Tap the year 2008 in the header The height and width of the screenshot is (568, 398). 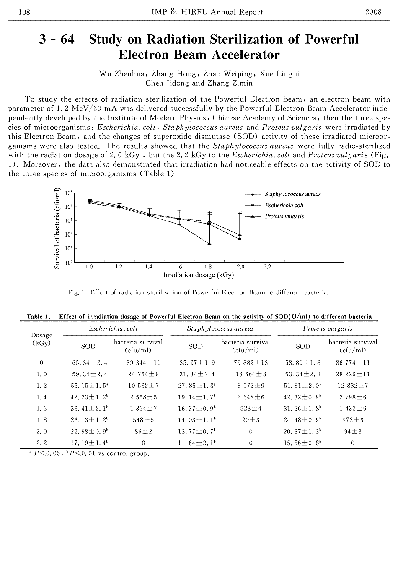[x=373, y=12]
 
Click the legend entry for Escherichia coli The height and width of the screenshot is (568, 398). [x=284, y=206]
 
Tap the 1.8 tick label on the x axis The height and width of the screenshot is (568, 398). [x=208, y=267]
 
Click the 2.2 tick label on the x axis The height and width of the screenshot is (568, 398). [x=267, y=267]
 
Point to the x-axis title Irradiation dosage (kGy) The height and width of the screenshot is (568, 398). [x=199, y=275]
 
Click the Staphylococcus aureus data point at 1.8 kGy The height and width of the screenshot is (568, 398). [x=209, y=244]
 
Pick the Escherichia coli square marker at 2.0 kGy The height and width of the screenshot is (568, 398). [x=239, y=239]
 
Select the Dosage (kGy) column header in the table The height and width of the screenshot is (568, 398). [x=41, y=339]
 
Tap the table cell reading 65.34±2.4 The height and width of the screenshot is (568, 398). [x=90, y=363]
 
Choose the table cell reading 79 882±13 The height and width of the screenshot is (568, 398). [x=251, y=363]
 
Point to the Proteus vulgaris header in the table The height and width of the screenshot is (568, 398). [x=328, y=328]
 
